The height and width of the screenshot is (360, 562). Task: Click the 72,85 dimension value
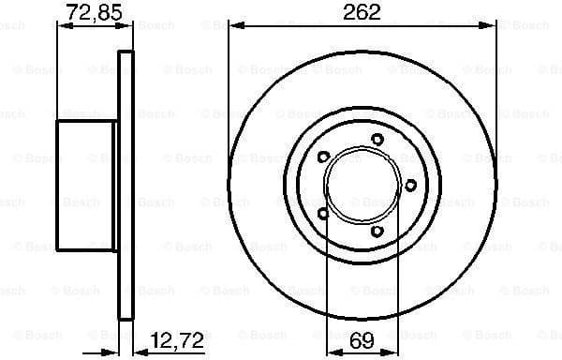92,12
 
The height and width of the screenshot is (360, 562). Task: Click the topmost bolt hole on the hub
377,140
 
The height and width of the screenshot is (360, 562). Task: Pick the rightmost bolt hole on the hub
409,186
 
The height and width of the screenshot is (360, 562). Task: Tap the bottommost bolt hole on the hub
377,231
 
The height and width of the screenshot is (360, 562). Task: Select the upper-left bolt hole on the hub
322,157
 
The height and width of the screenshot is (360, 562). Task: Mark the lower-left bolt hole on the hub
322,214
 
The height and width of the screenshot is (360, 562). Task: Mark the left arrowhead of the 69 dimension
331,352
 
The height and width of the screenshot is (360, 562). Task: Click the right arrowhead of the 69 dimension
388,352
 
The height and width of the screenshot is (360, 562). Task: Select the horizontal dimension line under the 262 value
362,26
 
